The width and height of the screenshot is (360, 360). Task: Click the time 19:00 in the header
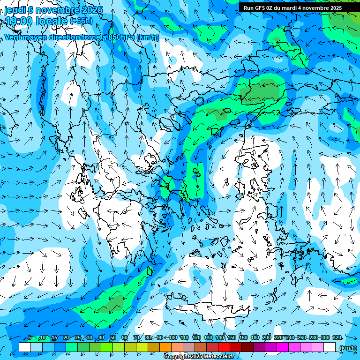[19, 21]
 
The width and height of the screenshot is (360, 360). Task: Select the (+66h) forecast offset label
[81, 21]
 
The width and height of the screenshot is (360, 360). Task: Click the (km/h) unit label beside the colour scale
[348, 347]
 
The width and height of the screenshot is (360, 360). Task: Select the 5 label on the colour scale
[30, 337]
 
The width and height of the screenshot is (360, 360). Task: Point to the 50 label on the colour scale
[113, 337]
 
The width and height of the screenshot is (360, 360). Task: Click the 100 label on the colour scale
[173, 337]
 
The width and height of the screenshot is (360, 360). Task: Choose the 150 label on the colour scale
[232, 337]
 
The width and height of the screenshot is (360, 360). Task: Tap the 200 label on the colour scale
[267, 337]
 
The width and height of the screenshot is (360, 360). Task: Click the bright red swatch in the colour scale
[224, 347]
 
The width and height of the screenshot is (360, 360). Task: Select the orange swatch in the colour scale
[165, 347]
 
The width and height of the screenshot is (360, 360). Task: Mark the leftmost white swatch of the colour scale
[25, 347]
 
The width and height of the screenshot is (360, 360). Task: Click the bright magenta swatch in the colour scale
[283, 347]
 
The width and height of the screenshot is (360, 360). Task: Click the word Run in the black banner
[248, 8]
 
